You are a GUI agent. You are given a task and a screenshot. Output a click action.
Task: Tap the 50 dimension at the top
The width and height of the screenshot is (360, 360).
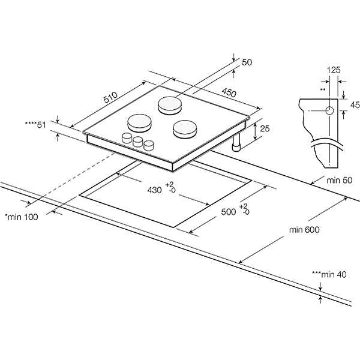click(247, 61)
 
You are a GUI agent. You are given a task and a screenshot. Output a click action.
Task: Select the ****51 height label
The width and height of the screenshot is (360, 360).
click(35, 124)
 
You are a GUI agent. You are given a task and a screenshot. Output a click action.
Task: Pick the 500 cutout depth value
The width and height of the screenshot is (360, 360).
click(227, 212)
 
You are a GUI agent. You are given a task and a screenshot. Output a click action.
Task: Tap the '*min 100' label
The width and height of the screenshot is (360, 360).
click(21, 217)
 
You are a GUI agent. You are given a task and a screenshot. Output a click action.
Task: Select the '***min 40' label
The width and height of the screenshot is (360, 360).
click(329, 274)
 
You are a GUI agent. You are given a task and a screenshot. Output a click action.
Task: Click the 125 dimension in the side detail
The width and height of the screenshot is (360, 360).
click(334, 70)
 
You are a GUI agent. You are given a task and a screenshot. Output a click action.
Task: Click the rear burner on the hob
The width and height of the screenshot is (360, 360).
click(170, 104)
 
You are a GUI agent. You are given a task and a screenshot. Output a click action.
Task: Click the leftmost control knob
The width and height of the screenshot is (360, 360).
click(127, 138)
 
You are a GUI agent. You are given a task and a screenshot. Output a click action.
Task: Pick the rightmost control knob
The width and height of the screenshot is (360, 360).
click(148, 145)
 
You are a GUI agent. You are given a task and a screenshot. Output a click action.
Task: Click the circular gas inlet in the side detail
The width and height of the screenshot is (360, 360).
click(328, 110)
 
